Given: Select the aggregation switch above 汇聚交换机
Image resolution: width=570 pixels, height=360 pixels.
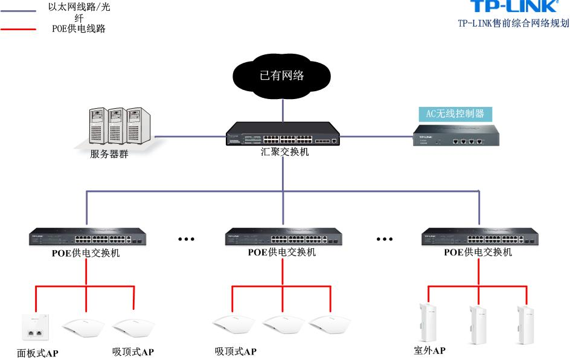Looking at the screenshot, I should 282,133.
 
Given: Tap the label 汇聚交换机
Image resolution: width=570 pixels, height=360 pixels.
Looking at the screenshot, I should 281,152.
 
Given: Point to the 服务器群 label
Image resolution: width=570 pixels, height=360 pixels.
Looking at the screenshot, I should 109,153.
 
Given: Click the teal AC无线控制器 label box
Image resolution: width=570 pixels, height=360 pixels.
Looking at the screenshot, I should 455,114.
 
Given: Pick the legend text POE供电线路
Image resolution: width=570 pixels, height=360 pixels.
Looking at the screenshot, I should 78,28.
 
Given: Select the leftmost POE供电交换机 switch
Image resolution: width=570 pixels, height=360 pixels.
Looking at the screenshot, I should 86,237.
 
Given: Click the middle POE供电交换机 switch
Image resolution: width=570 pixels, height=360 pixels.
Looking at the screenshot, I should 282,237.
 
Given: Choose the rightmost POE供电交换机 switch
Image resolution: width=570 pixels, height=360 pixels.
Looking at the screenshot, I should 478,237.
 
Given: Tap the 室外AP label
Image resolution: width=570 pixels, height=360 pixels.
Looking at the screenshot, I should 430,351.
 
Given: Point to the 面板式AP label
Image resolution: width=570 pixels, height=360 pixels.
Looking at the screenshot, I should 37,353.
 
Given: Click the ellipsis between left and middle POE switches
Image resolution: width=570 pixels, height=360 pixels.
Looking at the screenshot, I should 186,239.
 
